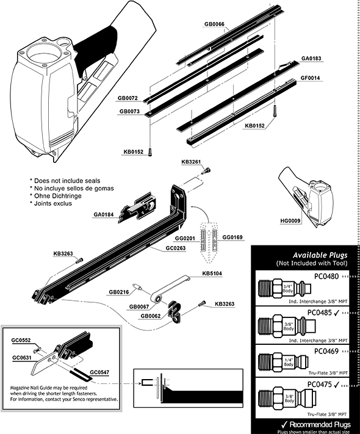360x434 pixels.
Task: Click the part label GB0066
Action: tap(215, 24)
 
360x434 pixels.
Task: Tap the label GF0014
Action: tap(311, 79)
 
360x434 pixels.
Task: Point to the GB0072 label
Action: tap(128, 98)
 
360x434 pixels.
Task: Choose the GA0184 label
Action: tap(104, 214)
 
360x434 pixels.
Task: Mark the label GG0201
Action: tap(185, 237)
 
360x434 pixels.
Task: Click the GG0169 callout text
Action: tap(232, 237)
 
